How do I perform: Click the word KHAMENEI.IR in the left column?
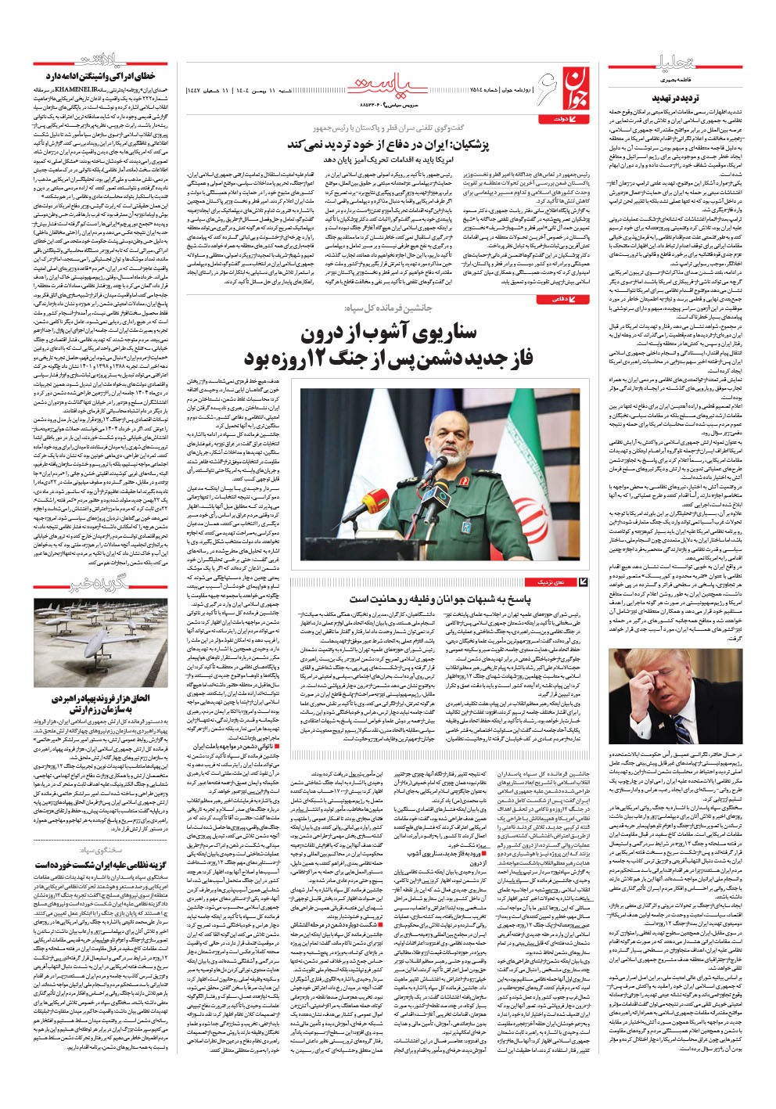[x=110, y=92]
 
